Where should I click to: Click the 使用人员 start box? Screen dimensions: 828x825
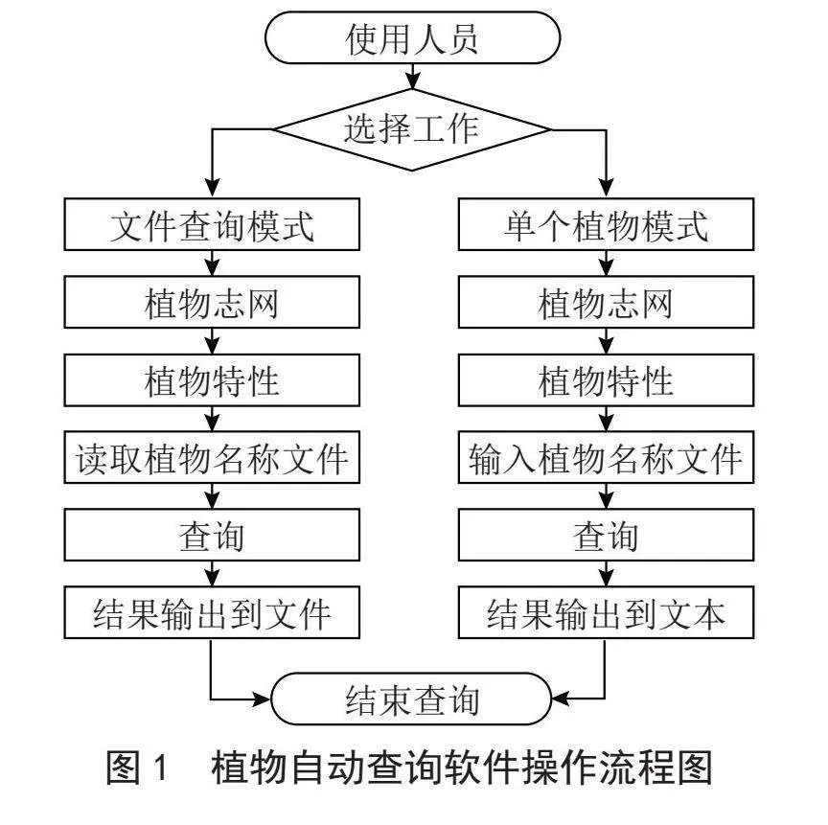(412, 38)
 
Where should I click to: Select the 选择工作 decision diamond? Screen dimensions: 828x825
(412, 129)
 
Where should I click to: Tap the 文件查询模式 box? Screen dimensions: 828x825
(212, 224)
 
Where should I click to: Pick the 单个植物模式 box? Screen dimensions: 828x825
(606, 224)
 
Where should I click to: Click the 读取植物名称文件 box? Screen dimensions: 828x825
(212, 457)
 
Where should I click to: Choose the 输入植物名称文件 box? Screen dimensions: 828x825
(606, 457)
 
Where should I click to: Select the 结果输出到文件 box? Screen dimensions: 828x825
(212, 612)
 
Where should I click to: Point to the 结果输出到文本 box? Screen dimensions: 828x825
(606, 612)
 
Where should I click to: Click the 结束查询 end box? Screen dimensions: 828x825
(411, 699)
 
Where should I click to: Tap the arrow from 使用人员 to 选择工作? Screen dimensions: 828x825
(412, 77)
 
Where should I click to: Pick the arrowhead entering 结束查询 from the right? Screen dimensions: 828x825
(562, 699)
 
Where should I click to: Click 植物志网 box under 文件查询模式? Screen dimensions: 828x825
(212, 302)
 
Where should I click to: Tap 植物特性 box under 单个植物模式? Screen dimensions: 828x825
(606, 380)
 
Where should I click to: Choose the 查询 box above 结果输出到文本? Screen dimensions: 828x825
(606, 535)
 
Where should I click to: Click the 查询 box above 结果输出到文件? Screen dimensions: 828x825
(212, 535)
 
